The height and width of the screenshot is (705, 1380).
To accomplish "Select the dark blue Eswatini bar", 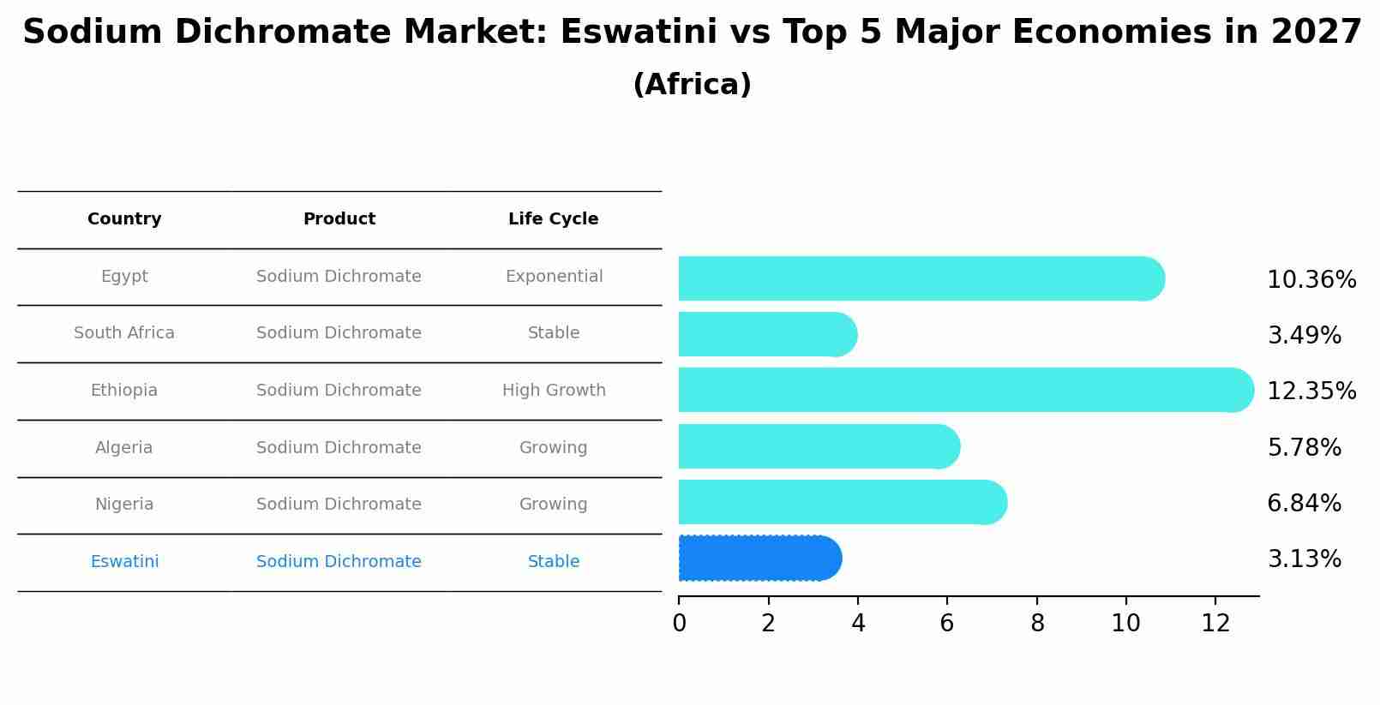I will [x=759, y=559].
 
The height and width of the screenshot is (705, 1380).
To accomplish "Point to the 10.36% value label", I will [x=1311, y=280].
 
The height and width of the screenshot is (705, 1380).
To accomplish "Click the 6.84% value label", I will [x=1304, y=504].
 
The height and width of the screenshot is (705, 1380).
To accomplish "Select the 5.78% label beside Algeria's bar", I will [x=1304, y=448].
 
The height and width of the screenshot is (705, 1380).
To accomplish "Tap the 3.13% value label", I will [x=1304, y=559].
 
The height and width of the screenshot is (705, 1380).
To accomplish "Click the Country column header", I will [x=124, y=219].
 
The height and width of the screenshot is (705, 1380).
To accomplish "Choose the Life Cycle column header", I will [x=553, y=219].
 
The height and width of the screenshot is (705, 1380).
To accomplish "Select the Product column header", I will [x=339, y=219].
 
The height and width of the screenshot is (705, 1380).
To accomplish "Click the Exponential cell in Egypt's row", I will [x=554, y=277].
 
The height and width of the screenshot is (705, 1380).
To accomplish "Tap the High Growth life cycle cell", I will [x=554, y=391].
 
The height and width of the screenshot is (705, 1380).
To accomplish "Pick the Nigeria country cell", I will [x=124, y=505].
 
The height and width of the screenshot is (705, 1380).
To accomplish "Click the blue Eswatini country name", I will [x=124, y=562].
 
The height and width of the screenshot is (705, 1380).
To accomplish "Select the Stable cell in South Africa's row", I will [x=554, y=333].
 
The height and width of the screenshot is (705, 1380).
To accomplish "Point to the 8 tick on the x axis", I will [x=1036, y=624].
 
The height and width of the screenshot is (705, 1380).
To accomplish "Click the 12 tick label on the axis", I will [x=1215, y=624].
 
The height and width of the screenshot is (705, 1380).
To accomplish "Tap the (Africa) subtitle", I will [x=692, y=85].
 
